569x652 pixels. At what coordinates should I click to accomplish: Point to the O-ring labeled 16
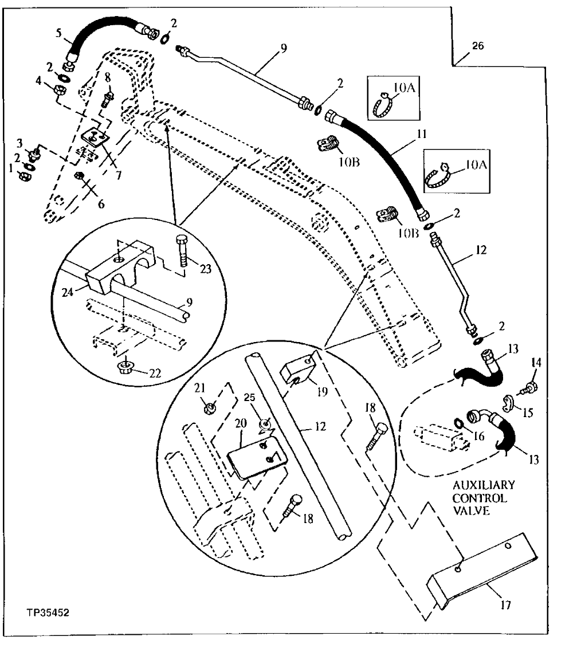[x=459, y=424]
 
